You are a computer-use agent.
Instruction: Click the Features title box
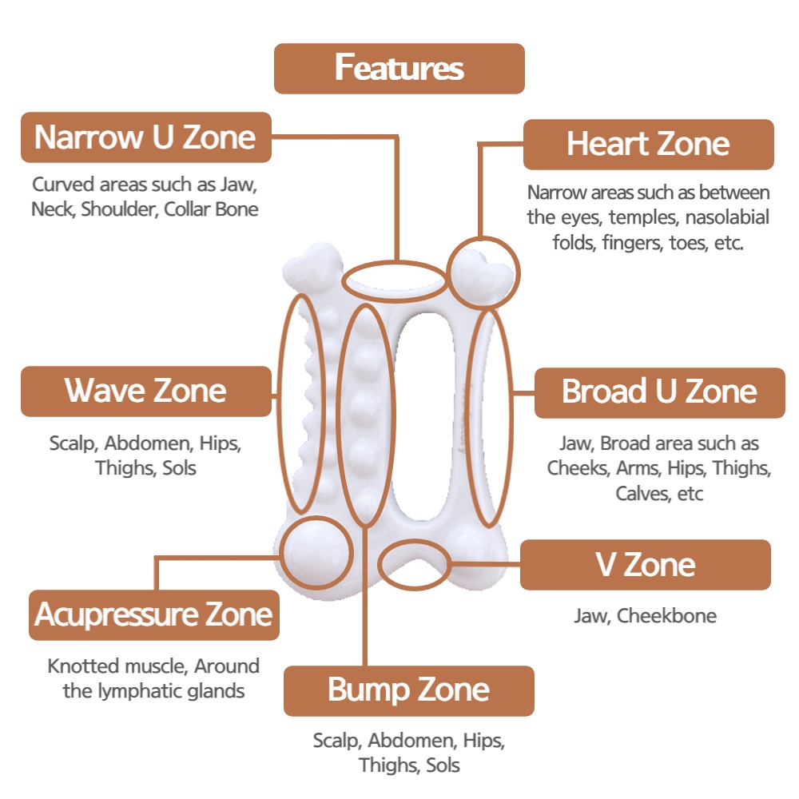click(399, 68)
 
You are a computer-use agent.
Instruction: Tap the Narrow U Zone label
click(145, 137)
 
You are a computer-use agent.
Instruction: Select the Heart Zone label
click(648, 144)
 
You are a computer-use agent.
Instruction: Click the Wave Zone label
click(145, 391)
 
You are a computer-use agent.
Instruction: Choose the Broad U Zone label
click(659, 392)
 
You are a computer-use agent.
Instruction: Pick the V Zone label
click(645, 565)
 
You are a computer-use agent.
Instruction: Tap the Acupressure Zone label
click(154, 615)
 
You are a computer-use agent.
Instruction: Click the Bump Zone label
click(408, 690)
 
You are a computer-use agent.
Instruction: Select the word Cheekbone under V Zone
click(666, 615)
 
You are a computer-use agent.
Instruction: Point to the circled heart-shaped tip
click(483, 272)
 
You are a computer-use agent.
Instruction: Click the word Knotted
click(84, 666)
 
